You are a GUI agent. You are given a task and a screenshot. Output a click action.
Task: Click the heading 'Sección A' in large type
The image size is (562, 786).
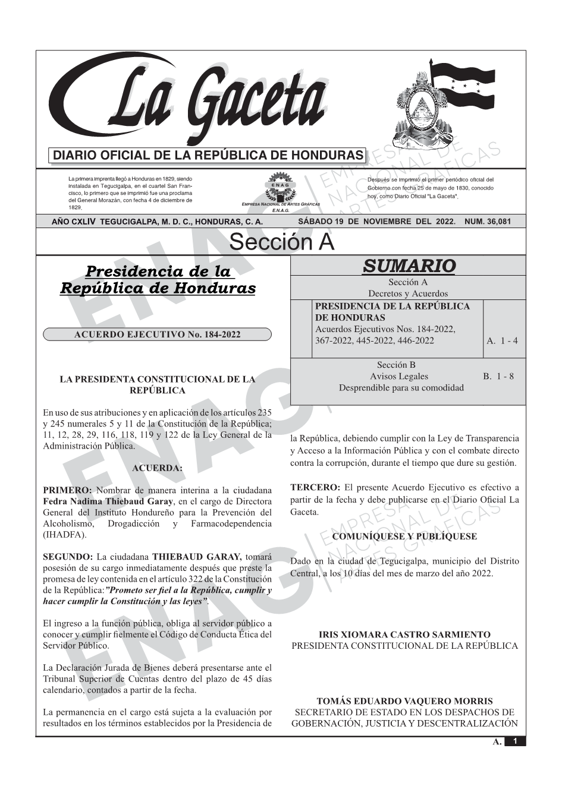pyautogui.click(x=281, y=242)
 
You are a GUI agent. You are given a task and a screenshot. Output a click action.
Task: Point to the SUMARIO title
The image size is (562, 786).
pyautogui.click(x=409, y=266)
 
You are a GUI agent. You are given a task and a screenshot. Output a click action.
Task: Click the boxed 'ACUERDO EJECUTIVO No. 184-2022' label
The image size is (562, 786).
pyautogui.click(x=157, y=334)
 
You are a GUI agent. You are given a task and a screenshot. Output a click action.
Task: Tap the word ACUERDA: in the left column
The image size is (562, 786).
pyautogui.click(x=157, y=468)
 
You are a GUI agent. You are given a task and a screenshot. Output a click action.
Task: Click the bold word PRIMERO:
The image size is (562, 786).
pyautogui.click(x=67, y=491)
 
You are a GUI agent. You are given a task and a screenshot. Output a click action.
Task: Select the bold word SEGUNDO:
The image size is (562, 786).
pyautogui.click(x=68, y=557)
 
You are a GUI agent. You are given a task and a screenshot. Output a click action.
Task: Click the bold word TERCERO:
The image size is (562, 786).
pyautogui.click(x=315, y=488)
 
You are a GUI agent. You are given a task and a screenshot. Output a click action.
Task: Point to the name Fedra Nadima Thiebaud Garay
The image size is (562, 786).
pyautogui.click(x=108, y=501)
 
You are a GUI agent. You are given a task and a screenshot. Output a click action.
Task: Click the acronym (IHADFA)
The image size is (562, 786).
pyautogui.click(x=65, y=534)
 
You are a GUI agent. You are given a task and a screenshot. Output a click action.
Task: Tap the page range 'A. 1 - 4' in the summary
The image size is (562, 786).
pyautogui.click(x=502, y=340)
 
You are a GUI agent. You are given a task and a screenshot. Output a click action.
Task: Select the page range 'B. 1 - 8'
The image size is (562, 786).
pyautogui.click(x=498, y=376)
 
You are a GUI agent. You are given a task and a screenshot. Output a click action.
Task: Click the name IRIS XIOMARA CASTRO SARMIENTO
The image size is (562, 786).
pyautogui.click(x=404, y=635)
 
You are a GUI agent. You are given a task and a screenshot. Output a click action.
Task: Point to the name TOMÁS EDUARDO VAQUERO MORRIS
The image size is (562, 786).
pyautogui.click(x=404, y=701)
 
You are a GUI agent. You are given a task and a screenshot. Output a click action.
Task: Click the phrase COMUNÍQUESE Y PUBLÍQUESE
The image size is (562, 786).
pyautogui.click(x=404, y=536)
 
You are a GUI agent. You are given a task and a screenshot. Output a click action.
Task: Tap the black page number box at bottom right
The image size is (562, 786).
pyautogui.click(x=515, y=741)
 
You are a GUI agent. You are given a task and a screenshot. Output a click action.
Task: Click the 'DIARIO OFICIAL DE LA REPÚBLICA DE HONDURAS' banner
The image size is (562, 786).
pyautogui.click(x=208, y=156)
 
